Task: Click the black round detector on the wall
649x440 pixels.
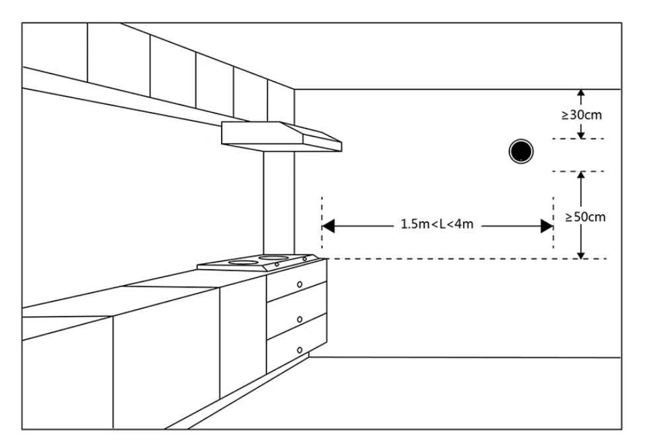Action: (x=520, y=152)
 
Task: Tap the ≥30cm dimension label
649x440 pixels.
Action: (x=582, y=115)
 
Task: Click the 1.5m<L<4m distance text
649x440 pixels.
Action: (x=437, y=225)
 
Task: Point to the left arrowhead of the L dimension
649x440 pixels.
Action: (x=329, y=226)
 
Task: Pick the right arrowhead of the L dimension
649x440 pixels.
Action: (x=546, y=226)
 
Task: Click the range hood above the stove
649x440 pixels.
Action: (x=281, y=136)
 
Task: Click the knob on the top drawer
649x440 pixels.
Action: (x=300, y=284)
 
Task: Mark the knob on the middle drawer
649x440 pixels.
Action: (x=300, y=319)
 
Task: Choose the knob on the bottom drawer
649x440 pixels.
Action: (x=300, y=349)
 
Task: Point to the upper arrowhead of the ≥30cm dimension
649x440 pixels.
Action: (x=580, y=93)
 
